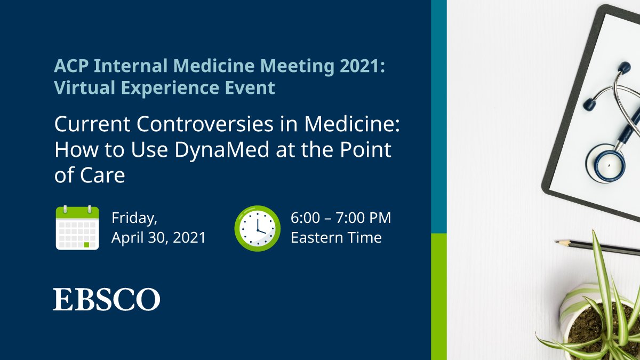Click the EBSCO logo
pos(107,299)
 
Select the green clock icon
pos(257,228)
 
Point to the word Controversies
pos(218,124)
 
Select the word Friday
pos(134,218)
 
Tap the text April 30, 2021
pos(158,237)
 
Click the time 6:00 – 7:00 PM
pos(341,218)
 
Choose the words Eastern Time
pos(336,237)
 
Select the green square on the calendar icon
pos(86,245)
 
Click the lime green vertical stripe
pos(438,296)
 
